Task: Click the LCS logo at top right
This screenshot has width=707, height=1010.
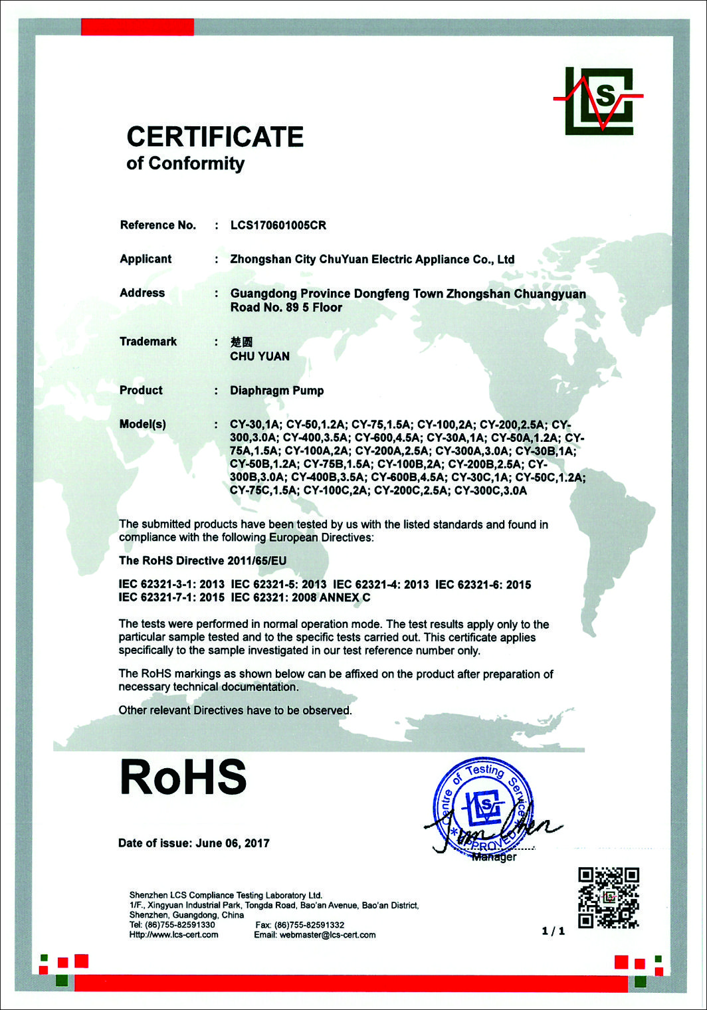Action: click(x=599, y=101)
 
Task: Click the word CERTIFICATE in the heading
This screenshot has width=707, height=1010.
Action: click(x=215, y=137)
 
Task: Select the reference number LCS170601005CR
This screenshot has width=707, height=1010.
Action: click(x=278, y=225)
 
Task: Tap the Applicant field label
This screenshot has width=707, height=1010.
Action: click(x=146, y=259)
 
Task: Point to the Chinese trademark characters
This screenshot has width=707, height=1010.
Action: click(x=241, y=342)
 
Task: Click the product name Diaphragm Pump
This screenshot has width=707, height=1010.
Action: click(x=277, y=391)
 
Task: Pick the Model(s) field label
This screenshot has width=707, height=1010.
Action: click(x=143, y=424)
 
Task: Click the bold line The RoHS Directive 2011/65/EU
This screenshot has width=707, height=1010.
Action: click(x=203, y=561)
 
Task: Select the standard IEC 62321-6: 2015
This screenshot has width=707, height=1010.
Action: click(x=483, y=585)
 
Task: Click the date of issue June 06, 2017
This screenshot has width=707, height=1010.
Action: click(x=233, y=843)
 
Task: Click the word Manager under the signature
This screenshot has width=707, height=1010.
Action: click(x=494, y=857)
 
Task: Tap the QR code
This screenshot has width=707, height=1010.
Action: click(x=608, y=897)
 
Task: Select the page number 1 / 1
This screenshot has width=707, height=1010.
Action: click(x=554, y=931)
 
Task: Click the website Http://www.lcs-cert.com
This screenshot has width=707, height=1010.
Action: click(x=174, y=935)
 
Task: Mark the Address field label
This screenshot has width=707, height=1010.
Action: click(x=142, y=293)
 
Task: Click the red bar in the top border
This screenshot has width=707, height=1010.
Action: click(x=138, y=27)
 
